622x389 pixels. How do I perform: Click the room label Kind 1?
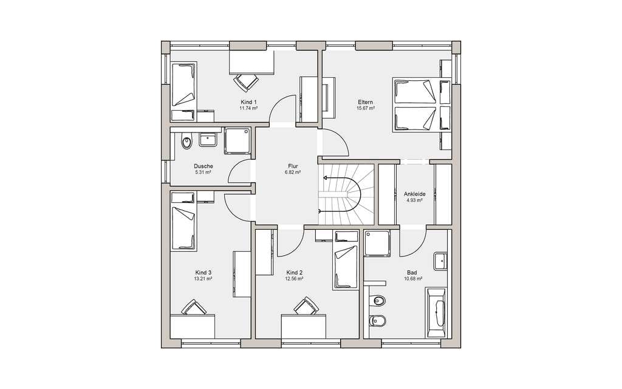[x=248, y=102]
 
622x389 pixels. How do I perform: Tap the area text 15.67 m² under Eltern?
[x=365, y=108]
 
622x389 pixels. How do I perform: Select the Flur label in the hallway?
[x=293, y=167]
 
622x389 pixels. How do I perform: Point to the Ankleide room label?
[x=414, y=194]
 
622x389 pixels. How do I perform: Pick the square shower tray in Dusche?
[x=238, y=141]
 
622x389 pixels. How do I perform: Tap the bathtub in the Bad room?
[x=436, y=313]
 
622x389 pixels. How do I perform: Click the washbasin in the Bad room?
[x=440, y=261]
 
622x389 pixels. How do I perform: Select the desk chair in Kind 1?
[x=246, y=83]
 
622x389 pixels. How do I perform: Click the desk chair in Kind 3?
[x=194, y=307]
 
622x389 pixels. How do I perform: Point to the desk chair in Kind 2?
[x=306, y=306]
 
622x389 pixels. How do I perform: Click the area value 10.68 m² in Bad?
[x=412, y=278]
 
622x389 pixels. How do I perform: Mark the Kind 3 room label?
[x=203, y=272]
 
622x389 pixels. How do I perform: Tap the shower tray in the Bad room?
[x=377, y=243]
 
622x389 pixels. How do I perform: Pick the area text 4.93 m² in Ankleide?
[x=414, y=201]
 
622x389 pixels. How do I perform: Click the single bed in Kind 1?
[x=183, y=91]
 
